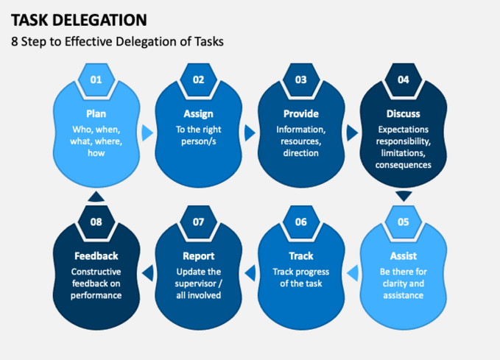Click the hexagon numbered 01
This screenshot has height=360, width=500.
(x=96, y=80)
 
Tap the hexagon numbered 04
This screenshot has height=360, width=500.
(x=404, y=80)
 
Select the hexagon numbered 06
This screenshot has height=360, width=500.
(x=301, y=222)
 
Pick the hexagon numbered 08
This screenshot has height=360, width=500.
(x=96, y=222)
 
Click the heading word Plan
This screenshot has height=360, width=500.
(x=96, y=114)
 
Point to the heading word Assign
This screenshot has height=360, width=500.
(x=198, y=114)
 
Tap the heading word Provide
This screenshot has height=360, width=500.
(x=301, y=114)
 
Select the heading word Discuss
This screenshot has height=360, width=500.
(x=404, y=114)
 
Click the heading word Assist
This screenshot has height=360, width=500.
(x=404, y=256)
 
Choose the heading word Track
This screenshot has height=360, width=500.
(x=301, y=256)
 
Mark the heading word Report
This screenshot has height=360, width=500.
(x=198, y=256)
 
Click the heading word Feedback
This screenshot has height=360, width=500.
(x=96, y=256)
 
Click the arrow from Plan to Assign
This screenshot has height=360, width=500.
(x=147, y=133)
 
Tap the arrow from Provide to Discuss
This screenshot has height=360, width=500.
(x=353, y=133)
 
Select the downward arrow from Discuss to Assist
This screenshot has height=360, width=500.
(x=404, y=197)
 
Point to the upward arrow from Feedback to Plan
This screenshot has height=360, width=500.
(x=96, y=197)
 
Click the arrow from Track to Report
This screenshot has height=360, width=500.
(x=250, y=273)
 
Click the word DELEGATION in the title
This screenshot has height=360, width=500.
(x=100, y=20)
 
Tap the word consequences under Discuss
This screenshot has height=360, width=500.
(x=404, y=165)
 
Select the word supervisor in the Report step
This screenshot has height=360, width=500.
(x=195, y=283)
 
